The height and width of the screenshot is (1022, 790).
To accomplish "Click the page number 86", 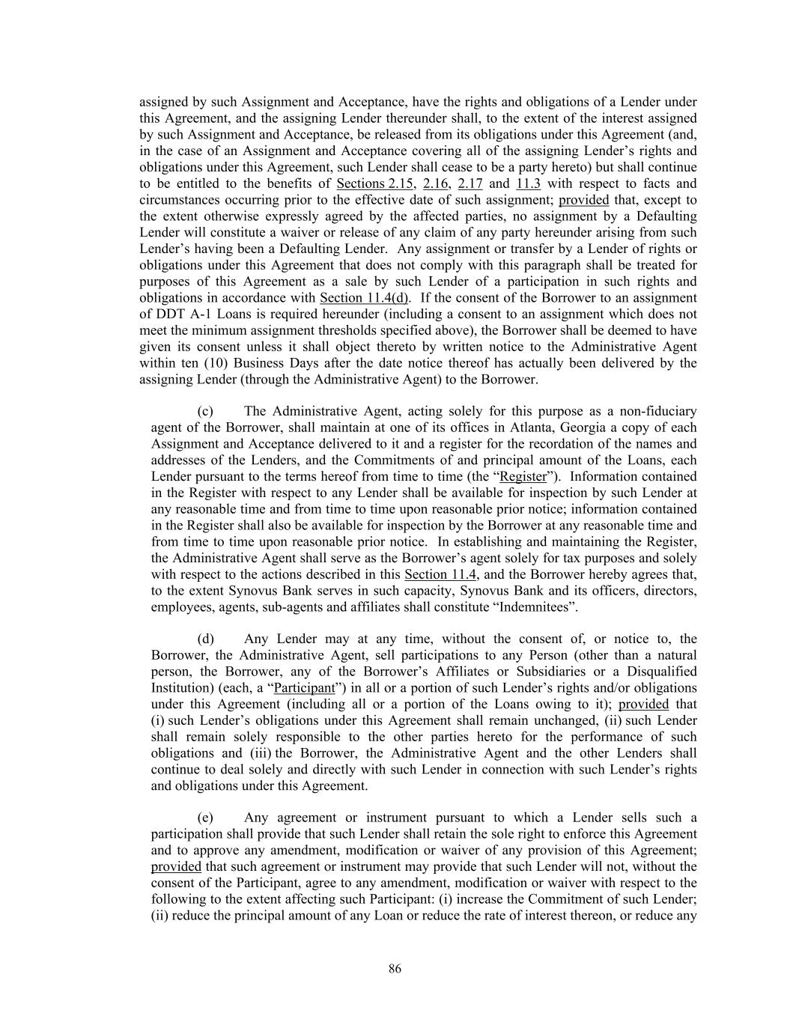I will click(395, 969).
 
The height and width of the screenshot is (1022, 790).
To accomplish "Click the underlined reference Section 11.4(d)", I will click(365, 298).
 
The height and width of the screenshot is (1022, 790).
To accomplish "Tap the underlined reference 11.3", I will click(528, 183).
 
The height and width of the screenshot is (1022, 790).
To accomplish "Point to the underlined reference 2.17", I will click(470, 183).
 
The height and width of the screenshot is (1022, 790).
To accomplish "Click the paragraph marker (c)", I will click(205, 411).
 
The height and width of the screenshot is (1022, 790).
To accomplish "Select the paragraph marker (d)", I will click(205, 639).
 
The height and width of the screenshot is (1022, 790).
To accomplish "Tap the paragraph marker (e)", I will click(205, 818).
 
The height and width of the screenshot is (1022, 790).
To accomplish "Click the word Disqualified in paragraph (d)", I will click(662, 671).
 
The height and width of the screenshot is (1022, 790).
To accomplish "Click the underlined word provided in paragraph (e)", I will click(176, 867).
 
